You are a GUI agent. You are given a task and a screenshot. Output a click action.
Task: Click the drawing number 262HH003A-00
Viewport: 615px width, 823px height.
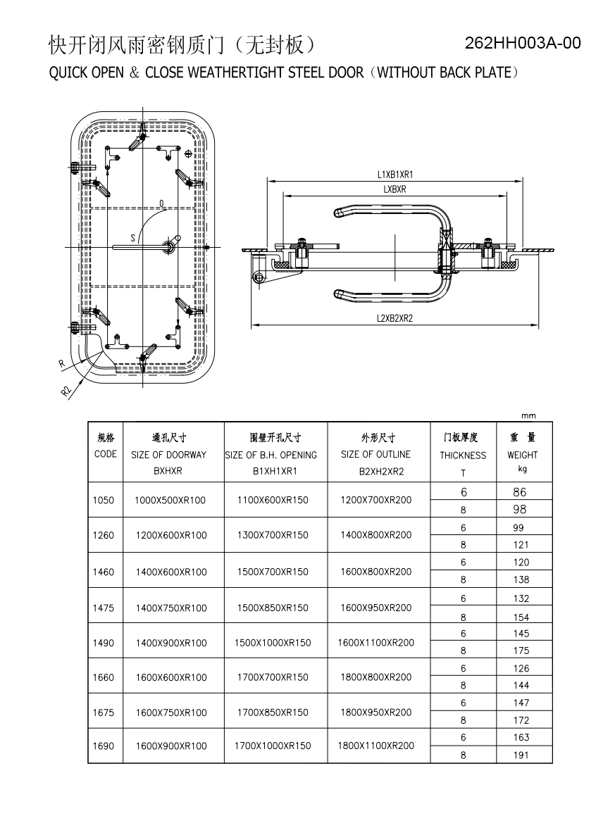[523, 43]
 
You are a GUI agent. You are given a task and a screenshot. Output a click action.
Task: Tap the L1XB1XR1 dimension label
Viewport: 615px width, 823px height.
[395, 175]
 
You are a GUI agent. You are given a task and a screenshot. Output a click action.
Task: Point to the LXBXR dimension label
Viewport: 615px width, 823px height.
[395, 189]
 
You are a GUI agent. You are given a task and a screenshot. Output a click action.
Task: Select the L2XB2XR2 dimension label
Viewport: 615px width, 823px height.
[395, 318]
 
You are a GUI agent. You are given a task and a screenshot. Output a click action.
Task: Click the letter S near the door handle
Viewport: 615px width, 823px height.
[133, 238]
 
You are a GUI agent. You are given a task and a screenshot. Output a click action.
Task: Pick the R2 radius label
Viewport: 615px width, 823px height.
[66, 391]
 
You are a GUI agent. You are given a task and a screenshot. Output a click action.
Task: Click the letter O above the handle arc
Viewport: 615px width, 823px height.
[162, 203]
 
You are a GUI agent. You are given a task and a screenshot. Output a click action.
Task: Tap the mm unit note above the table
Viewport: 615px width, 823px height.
[528, 415]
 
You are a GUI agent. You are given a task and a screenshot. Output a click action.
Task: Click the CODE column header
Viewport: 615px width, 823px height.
[106, 454]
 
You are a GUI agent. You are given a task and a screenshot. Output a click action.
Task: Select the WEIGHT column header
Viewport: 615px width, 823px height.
[523, 455]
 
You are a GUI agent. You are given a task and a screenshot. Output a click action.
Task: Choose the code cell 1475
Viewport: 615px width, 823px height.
[104, 608]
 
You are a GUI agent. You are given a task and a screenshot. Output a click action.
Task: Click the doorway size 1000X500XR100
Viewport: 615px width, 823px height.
[170, 500]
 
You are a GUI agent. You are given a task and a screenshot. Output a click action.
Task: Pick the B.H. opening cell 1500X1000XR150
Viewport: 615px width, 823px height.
[273, 643]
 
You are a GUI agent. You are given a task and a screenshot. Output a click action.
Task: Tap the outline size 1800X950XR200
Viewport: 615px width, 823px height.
[376, 712]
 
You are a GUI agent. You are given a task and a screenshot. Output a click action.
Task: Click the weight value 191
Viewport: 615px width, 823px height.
[521, 755]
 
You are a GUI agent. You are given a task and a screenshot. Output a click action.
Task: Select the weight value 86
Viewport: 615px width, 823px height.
[520, 492]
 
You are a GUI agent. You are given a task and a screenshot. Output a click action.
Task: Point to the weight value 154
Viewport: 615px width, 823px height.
[521, 617]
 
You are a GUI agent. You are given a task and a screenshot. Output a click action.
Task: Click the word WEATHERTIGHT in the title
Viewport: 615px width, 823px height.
[236, 73]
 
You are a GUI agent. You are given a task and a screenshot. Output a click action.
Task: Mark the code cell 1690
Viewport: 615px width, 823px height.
[104, 746]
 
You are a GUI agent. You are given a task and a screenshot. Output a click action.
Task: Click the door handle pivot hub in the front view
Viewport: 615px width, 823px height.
[168, 247]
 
